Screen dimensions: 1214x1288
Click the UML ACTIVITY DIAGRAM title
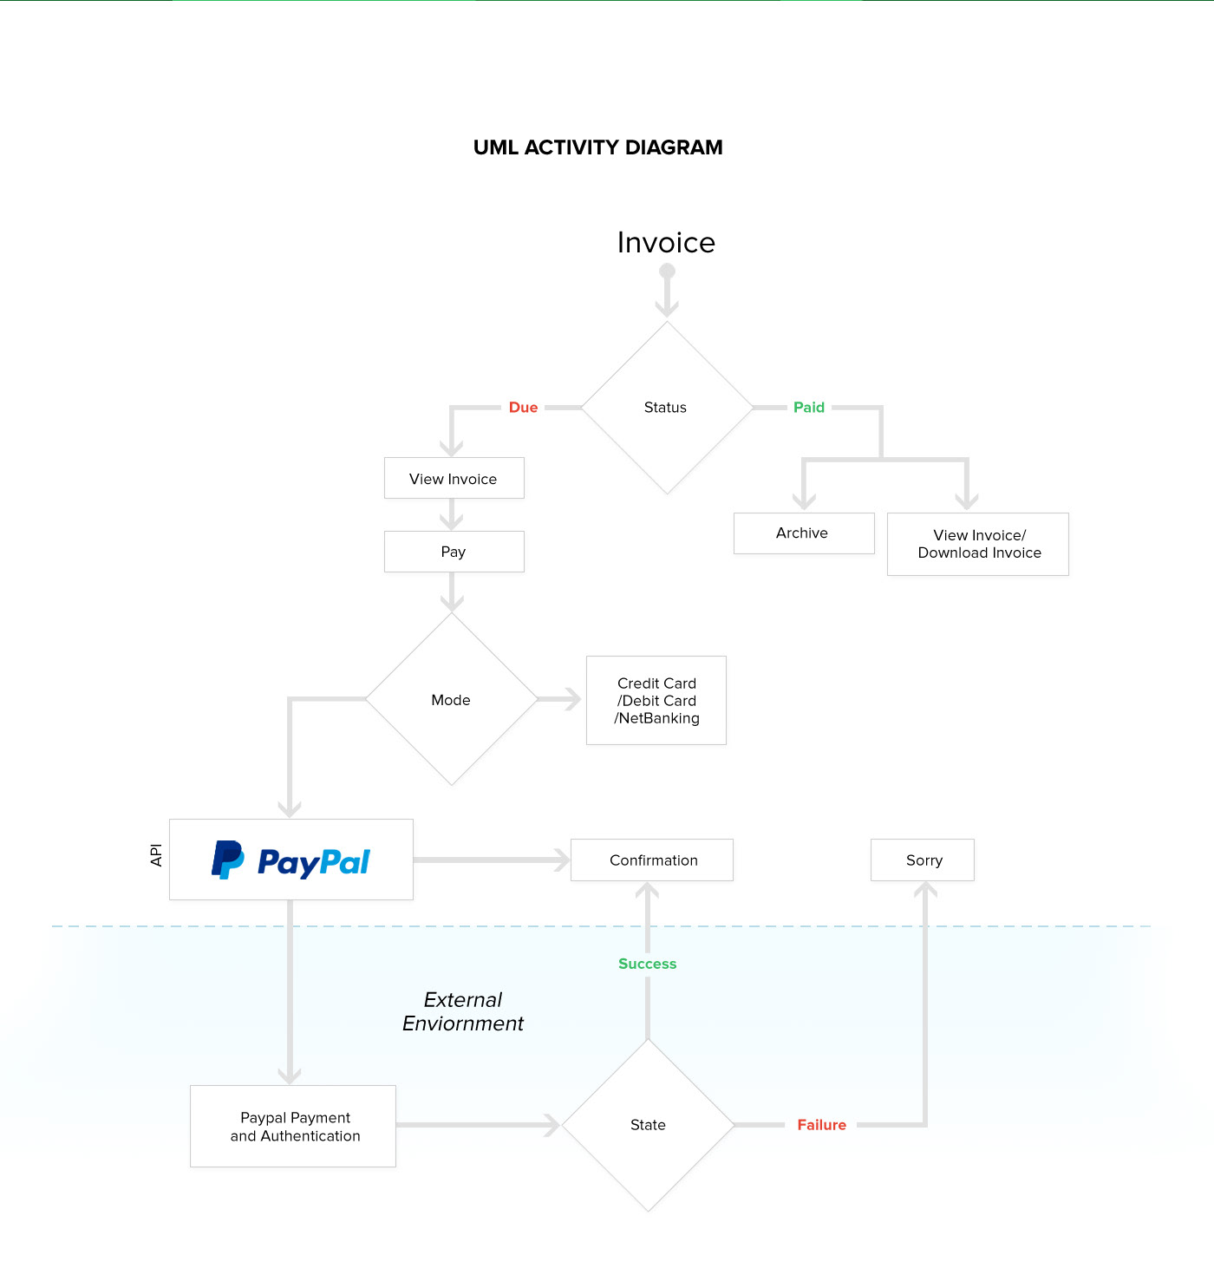coord(597,147)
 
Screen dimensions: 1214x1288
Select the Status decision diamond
coord(667,408)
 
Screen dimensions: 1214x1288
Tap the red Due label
coord(523,408)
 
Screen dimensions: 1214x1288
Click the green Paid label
coord(809,408)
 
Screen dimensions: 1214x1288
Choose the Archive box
coord(804,533)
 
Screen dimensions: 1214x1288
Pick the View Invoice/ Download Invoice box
coord(977,544)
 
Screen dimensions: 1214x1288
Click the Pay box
coord(454,552)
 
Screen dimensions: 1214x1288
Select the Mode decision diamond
coord(452,699)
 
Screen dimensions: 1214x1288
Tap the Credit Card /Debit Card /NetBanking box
coord(656,700)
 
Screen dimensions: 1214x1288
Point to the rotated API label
coord(156,855)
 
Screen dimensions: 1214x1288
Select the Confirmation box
coord(652,860)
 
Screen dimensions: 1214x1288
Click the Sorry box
coord(922,860)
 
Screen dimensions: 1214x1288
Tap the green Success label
coord(647,963)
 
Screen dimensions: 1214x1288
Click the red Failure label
coord(822,1125)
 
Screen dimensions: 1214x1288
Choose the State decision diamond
coord(648,1125)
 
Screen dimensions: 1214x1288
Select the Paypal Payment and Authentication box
coord(293,1126)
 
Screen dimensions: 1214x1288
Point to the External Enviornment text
coord(462,1011)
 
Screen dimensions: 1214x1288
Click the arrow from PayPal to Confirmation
coord(492,860)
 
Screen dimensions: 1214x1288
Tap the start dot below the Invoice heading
coord(667,271)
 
